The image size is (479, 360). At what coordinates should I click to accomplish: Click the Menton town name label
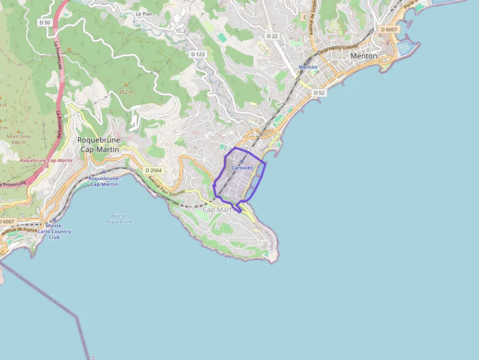coord(364,56)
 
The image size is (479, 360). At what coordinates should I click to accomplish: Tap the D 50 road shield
coord(44,22)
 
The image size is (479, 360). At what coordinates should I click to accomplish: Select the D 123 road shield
coord(197,54)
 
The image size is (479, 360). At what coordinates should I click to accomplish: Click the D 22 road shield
coord(272,36)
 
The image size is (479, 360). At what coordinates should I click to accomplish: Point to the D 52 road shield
coord(319,92)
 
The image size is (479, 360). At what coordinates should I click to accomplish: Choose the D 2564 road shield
coord(153,170)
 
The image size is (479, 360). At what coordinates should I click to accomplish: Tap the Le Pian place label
coord(144,14)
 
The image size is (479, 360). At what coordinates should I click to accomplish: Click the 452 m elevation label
coord(126,92)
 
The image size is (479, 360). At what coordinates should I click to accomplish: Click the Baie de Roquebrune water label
coord(119,218)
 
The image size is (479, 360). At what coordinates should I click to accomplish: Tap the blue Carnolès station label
coord(242,168)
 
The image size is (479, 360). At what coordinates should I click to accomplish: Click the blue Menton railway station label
coord(307,67)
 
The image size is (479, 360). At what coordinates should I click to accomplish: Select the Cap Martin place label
coord(219,210)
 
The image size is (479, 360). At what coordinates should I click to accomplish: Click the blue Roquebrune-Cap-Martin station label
coord(103,181)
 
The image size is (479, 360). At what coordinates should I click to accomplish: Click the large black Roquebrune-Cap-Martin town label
coord(100,144)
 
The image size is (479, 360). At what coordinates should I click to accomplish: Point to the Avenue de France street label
coord(19,230)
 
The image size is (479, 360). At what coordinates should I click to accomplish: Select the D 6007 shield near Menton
coord(389,29)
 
